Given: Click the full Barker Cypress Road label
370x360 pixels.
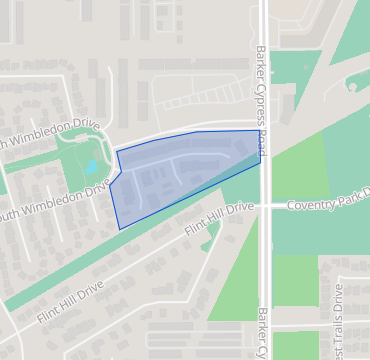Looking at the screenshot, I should click(x=260, y=101).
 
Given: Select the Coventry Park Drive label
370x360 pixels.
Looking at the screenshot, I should click(x=328, y=205).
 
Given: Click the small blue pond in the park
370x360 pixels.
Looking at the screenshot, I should click(x=92, y=168).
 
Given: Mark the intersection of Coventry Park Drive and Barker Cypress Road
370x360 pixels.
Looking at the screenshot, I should click(x=263, y=205).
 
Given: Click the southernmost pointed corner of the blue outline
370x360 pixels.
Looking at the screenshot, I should click(x=120, y=229).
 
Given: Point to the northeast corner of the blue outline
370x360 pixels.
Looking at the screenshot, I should click(x=259, y=130).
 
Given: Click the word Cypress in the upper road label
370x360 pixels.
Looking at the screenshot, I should click(x=260, y=103).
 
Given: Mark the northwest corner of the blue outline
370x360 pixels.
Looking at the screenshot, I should click(x=117, y=151).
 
